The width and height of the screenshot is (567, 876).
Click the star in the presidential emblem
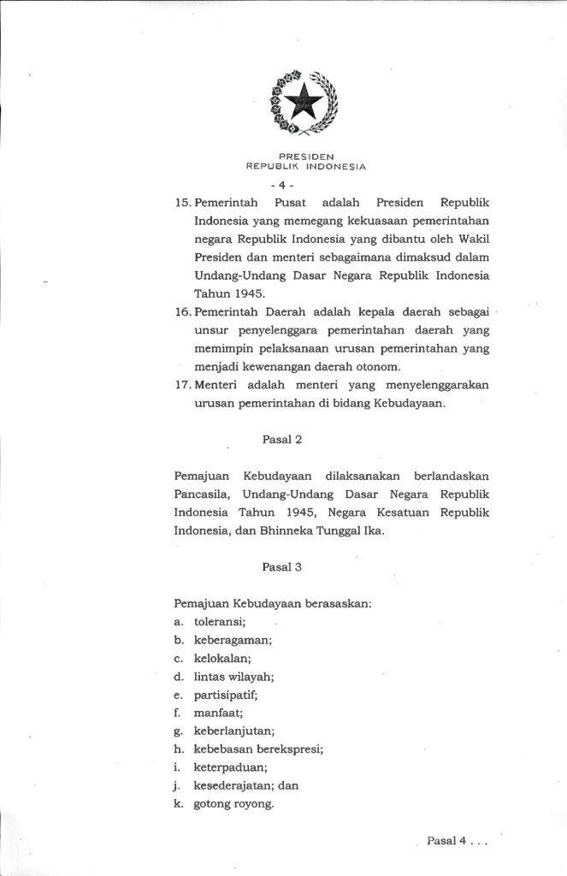(305, 104)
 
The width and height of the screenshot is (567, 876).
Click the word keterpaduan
(229, 767)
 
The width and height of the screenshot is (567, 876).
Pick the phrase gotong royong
(233, 805)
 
